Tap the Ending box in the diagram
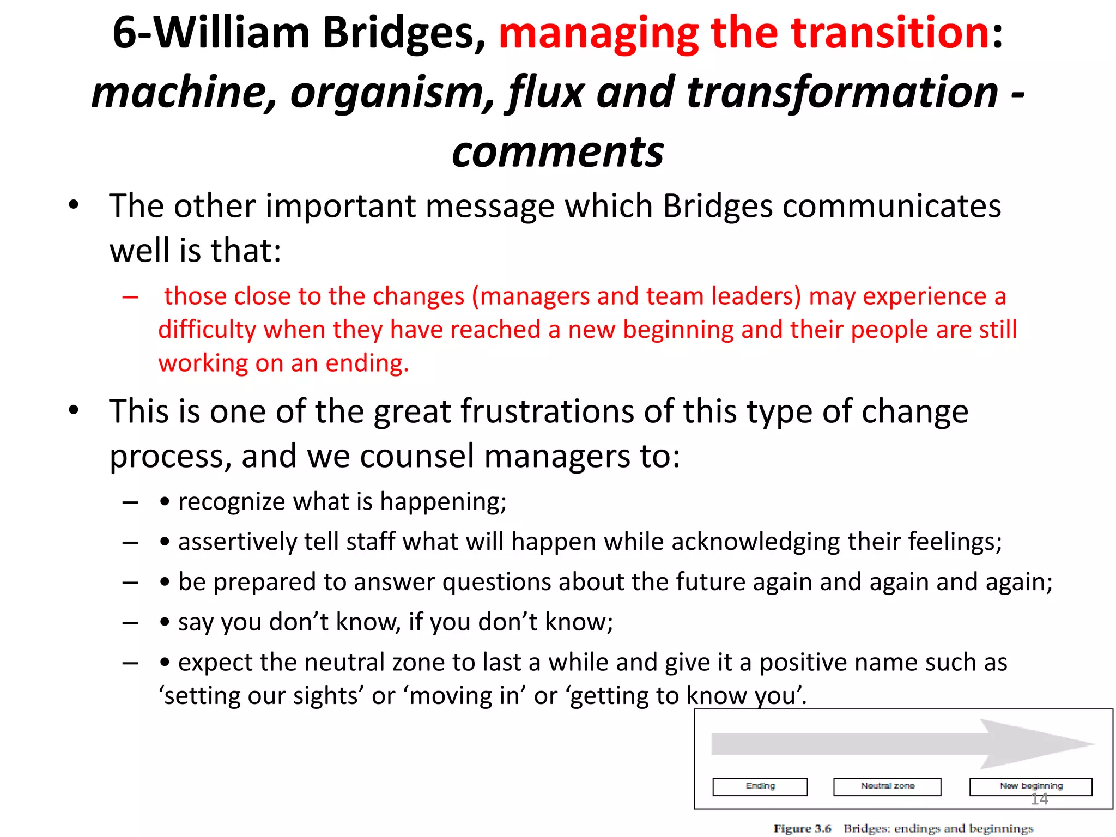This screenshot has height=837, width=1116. pos(760,786)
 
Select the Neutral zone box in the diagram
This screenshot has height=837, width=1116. pos(887,786)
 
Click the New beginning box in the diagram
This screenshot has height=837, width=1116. pos(1030,786)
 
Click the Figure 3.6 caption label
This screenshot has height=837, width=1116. pos(802,829)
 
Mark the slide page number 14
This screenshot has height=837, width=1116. pos(1039,799)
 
